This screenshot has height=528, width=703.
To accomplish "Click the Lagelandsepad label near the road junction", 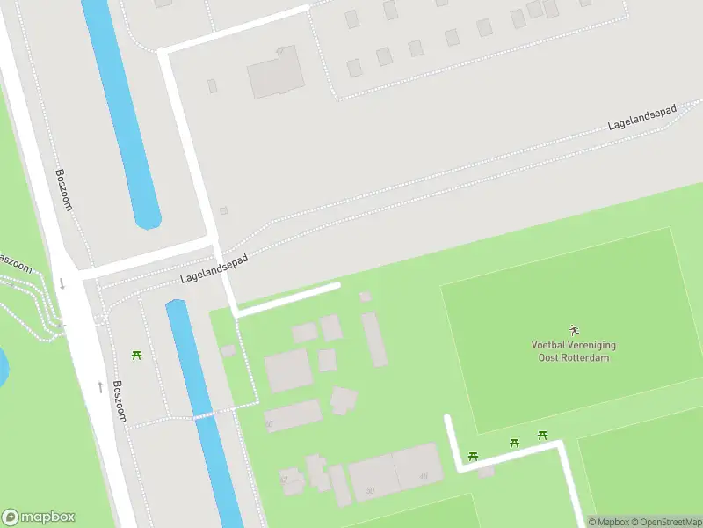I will pos(214,269).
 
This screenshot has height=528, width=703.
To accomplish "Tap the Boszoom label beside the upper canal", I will pos(64,189).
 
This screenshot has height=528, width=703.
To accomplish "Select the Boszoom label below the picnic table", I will pos(119,401).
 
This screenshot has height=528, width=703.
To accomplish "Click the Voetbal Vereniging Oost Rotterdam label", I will pos(574,351).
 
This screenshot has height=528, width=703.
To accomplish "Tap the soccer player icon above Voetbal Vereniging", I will pos(574,330).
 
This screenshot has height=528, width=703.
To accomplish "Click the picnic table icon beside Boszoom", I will pos(137,355).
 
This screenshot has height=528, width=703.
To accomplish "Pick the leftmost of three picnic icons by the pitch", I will pos(473,456).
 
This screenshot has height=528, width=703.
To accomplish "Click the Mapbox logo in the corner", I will pos(39,517).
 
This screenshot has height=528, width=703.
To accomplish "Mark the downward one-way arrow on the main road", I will pos(62,283).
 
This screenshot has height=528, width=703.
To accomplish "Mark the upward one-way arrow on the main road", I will pos(99,386).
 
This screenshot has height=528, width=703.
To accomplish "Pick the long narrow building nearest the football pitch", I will pos(373,339).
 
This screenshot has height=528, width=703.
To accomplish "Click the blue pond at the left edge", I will pos(3,368).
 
